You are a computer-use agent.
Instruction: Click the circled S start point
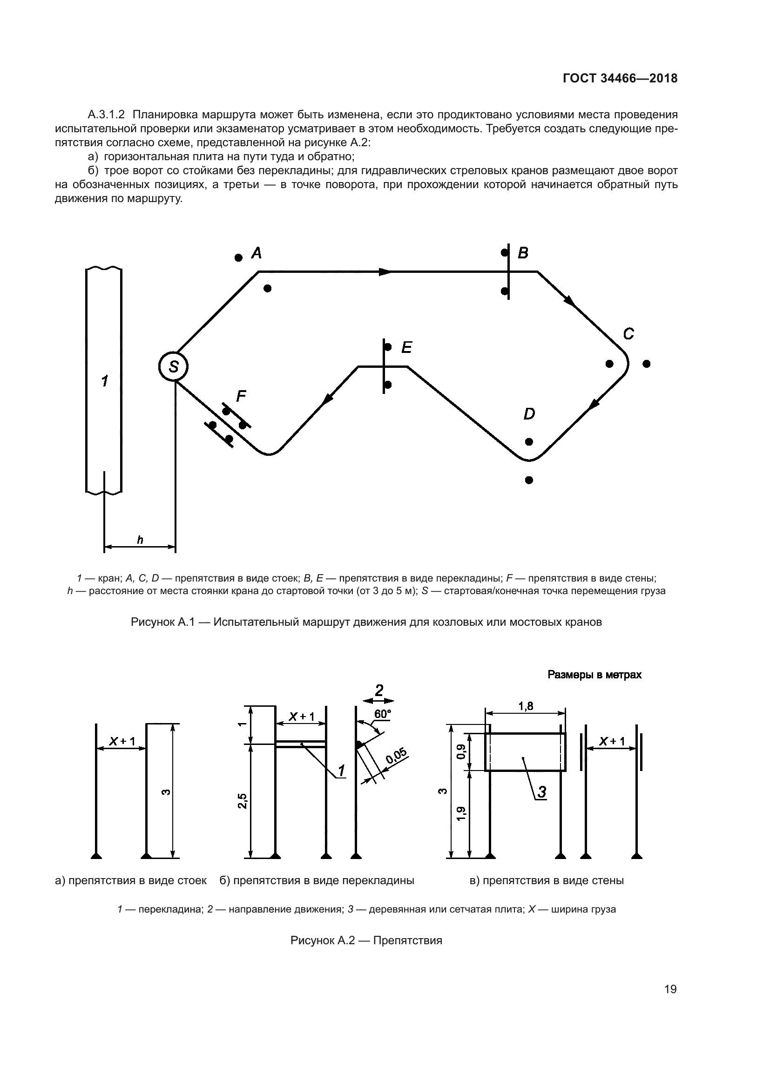click(174, 366)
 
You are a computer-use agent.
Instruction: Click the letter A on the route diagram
click(257, 253)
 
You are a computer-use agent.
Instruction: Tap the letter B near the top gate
click(523, 253)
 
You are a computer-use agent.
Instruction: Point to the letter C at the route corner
click(628, 334)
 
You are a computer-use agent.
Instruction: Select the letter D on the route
click(529, 414)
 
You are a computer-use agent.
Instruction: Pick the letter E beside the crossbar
click(407, 348)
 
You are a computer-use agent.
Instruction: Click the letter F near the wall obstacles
click(241, 396)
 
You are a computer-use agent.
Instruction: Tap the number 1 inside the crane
click(104, 380)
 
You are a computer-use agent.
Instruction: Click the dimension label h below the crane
click(140, 540)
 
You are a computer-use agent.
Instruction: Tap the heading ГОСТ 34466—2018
click(620, 79)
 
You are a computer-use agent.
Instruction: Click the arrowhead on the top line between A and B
click(386, 272)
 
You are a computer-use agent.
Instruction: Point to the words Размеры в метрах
click(594, 675)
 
